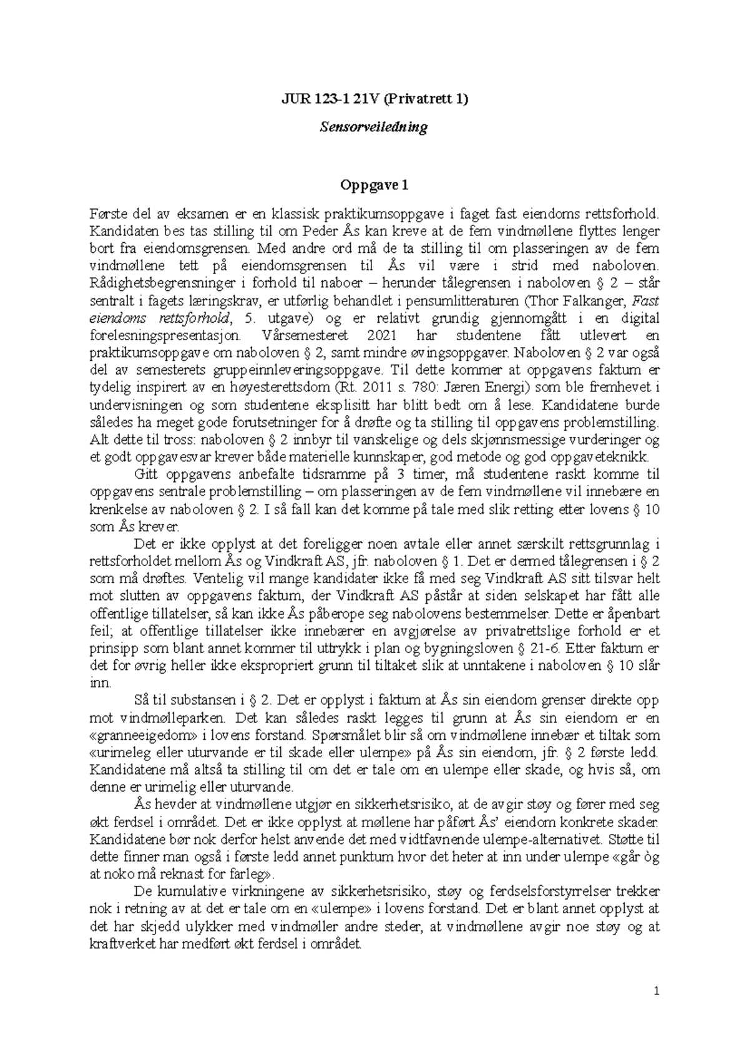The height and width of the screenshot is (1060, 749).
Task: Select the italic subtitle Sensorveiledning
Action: (x=373, y=127)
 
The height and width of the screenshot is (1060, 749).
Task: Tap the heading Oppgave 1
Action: (x=373, y=185)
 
